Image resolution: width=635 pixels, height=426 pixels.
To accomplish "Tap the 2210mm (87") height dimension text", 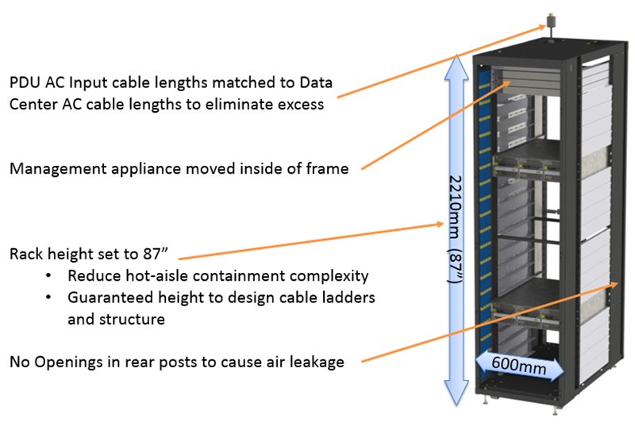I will (x=453, y=230).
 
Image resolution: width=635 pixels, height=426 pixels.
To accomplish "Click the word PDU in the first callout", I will (x=25, y=83).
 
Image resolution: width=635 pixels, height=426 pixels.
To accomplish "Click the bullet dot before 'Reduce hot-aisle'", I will (x=51, y=276).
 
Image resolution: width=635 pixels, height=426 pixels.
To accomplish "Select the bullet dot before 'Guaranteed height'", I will (x=51, y=297).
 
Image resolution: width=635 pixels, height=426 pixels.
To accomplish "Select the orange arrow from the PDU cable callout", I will (x=437, y=62).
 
